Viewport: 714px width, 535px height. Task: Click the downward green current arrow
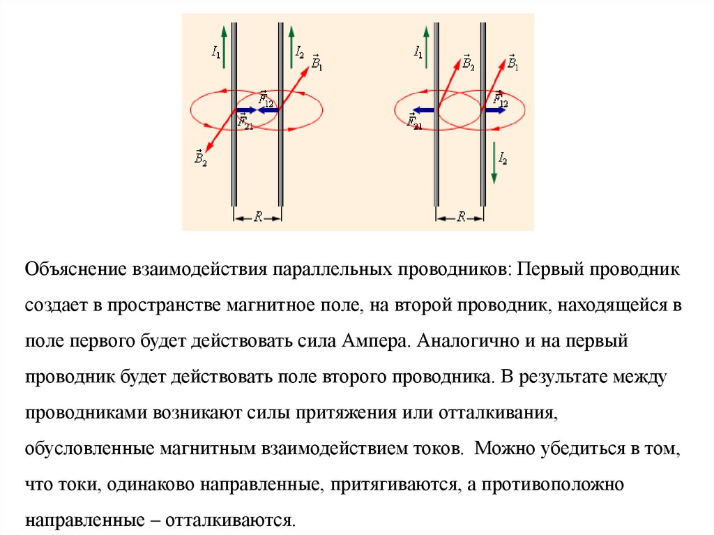tap(494, 163)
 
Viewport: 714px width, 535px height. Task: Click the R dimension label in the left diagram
tap(257, 217)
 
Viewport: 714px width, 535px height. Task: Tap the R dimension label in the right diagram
tap(460, 217)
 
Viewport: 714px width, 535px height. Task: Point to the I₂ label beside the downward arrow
tap(503, 159)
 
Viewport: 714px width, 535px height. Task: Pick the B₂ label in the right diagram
tap(468, 64)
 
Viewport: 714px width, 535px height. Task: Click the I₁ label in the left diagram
tap(216, 52)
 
